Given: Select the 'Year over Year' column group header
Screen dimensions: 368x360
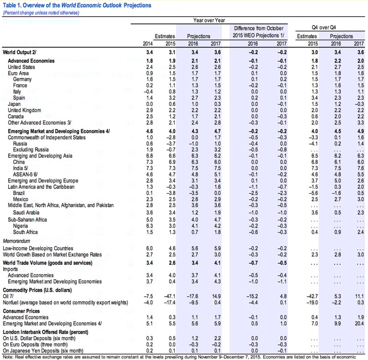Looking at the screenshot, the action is (x=209, y=21).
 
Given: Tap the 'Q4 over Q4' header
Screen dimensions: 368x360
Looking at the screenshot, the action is (x=324, y=27).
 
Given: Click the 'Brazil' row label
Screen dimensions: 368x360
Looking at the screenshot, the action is (x=19, y=193).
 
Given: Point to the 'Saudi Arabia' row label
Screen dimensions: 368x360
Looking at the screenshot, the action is (x=26, y=212).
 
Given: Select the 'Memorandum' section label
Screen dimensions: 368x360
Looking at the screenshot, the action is (x=16, y=241).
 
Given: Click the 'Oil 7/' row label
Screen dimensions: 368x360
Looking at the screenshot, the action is (x=8, y=296).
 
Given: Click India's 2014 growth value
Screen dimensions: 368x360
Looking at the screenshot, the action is (x=150, y=168).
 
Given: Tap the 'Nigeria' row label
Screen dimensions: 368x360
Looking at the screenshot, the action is (x=21, y=226).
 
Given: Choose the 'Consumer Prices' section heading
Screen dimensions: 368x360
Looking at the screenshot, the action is (x=21, y=311).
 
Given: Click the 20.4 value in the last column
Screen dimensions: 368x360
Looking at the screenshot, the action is (x=359, y=323).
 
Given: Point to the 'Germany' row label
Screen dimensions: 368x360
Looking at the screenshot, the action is (x=22, y=79).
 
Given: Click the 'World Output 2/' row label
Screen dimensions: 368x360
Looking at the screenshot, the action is (x=20, y=52).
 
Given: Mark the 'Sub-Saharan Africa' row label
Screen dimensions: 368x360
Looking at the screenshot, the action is (x=27, y=220).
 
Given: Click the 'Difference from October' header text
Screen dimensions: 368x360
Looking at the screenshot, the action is (x=259, y=28).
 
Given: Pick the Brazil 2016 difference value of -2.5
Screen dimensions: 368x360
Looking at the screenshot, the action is (x=253, y=193).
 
